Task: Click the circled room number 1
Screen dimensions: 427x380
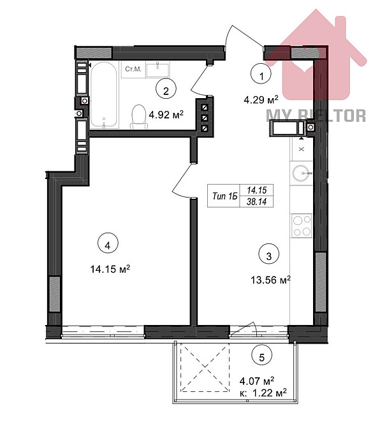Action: [x=260, y=75]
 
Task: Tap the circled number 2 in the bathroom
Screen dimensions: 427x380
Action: [x=165, y=91]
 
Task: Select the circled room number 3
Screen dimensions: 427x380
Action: [x=269, y=256]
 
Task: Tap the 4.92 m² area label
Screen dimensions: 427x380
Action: [x=166, y=115]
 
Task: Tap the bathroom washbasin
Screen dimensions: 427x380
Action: [x=156, y=69]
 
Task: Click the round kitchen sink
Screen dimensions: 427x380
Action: [x=301, y=172]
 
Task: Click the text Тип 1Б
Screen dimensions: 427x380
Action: [x=224, y=196]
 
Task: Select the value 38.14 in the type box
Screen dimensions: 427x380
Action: [x=260, y=201]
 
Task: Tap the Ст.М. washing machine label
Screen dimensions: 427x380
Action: [x=133, y=69]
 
